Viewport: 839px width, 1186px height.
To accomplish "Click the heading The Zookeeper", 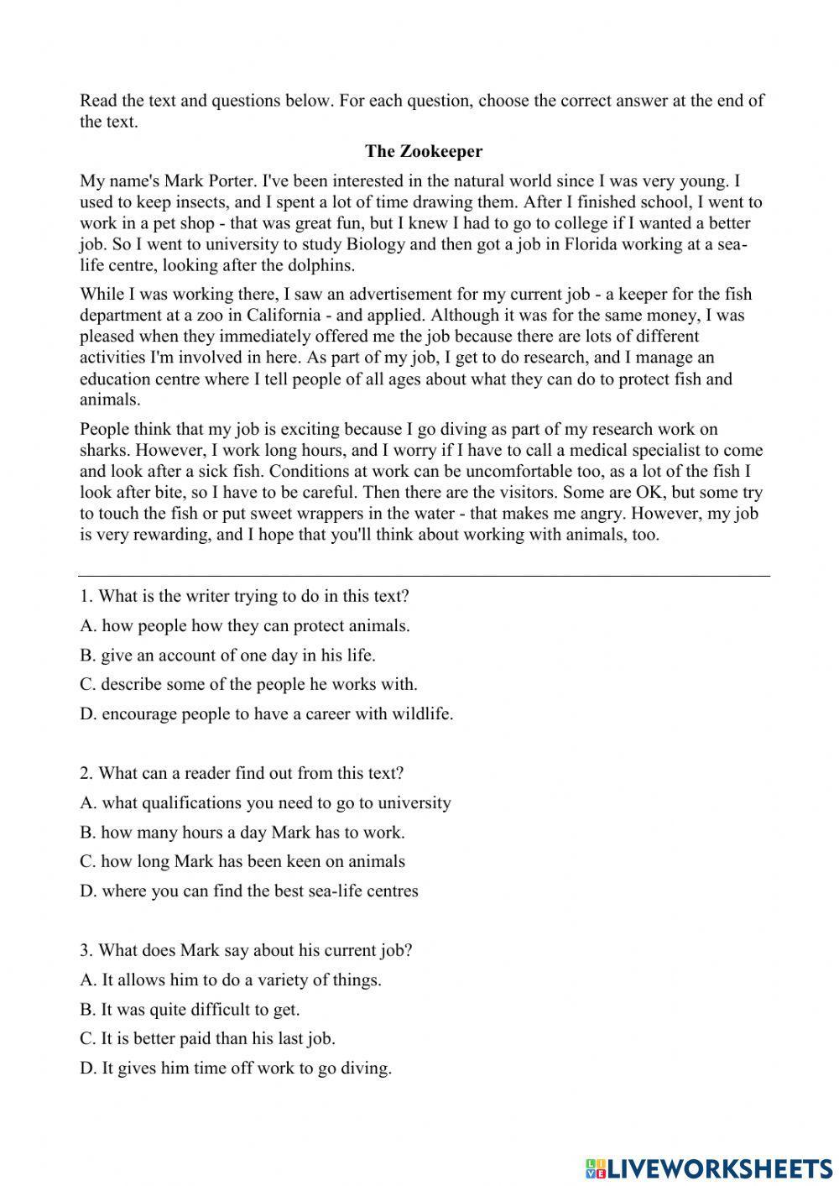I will click(424, 151).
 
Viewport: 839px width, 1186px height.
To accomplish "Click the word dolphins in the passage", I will click(323, 265).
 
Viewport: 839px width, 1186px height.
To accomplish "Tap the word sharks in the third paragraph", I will click(103, 451).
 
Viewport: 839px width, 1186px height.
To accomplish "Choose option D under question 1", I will click(267, 714).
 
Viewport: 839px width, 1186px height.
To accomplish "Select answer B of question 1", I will click(227, 656).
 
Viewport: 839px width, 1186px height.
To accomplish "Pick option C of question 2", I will click(242, 862).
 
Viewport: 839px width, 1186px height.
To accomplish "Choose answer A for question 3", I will click(231, 980).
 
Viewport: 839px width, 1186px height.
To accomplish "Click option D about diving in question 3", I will click(236, 1068).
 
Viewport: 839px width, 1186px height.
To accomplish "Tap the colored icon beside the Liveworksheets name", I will click(595, 1168).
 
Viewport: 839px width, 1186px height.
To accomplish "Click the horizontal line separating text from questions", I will click(424, 577).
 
